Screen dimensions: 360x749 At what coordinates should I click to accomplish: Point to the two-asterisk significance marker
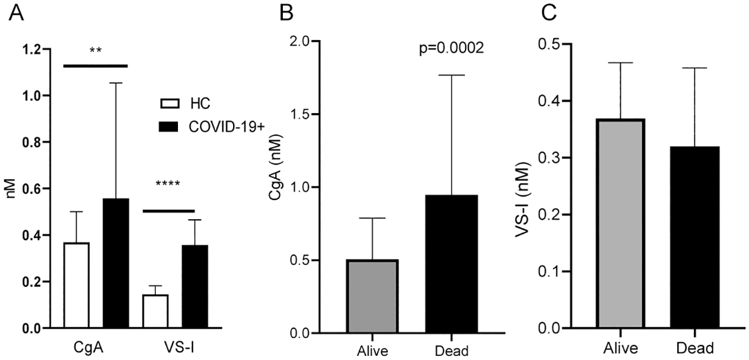pos(95,51)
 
